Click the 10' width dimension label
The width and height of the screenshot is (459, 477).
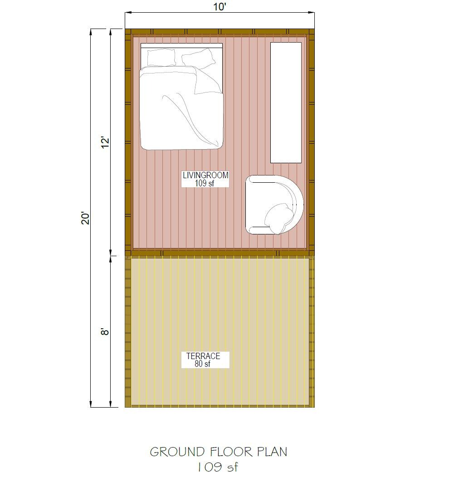point(220,7)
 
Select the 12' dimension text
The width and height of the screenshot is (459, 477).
point(105,143)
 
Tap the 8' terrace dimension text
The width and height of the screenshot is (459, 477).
point(105,331)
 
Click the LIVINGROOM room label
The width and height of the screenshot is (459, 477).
point(205,175)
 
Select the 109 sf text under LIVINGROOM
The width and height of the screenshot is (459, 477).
point(205,183)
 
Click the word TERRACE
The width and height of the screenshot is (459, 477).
point(203,356)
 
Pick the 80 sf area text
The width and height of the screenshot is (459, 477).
point(202,364)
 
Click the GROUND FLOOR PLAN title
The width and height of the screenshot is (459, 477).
point(218,452)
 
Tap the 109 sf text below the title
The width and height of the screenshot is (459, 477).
point(217,467)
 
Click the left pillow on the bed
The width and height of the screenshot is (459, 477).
point(161,58)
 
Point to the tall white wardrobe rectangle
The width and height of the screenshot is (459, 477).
point(286,102)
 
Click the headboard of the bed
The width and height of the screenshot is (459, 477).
point(181,45)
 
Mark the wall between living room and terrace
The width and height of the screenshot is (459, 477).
point(218,253)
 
